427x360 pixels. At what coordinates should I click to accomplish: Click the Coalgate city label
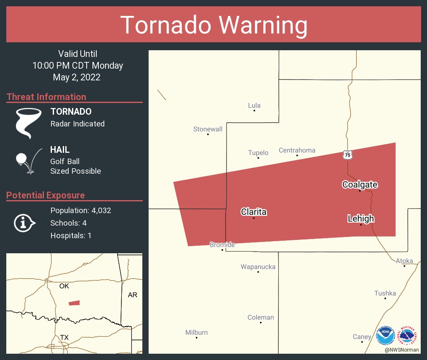(x=360, y=185)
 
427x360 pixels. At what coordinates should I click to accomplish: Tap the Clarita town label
(x=253, y=212)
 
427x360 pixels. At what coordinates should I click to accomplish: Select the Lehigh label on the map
(x=360, y=219)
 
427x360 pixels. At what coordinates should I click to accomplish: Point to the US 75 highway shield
(x=347, y=155)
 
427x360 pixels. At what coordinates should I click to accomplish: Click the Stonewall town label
(x=208, y=129)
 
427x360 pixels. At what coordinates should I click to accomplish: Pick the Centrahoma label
(x=297, y=150)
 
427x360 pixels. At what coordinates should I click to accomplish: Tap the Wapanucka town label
(x=258, y=267)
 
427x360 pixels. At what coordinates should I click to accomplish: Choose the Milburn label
(x=196, y=332)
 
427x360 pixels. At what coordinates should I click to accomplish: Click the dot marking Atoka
(x=404, y=266)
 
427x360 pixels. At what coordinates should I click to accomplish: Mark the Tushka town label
(x=385, y=293)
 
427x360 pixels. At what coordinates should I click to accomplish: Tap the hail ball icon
(x=21, y=159)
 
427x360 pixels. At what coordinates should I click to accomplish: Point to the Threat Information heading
(x=46, y=97)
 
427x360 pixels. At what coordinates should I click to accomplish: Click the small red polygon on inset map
(x=74, y=303)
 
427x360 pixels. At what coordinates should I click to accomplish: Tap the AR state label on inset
(x=132, y=295)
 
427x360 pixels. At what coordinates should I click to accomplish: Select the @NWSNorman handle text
(x=402, y=350)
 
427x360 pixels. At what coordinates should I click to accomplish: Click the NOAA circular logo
(x=385, y=335)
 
